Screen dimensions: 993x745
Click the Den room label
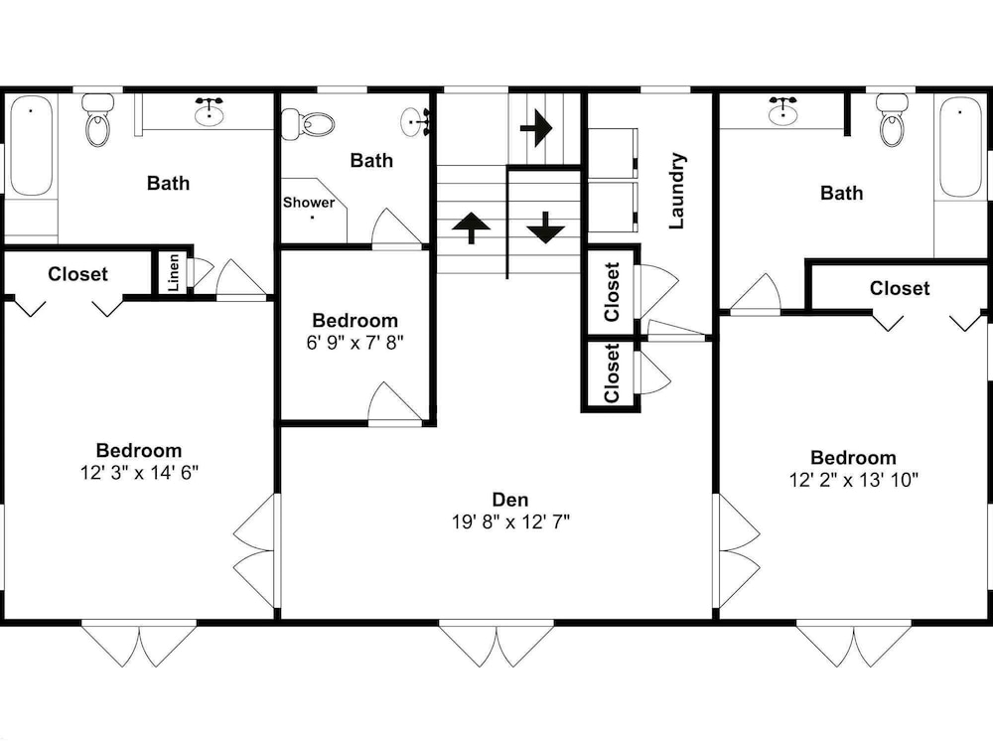(x=509, y=500)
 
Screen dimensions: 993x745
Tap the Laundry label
(x=676, y=191)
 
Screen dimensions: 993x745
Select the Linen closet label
(x=173, y=272)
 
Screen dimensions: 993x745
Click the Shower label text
(x=309, y=203)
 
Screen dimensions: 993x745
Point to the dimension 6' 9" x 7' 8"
(x=355, y=343)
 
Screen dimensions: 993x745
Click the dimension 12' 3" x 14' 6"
(x=139, y=473)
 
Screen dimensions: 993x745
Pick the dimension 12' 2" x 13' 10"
(x=853, y=480)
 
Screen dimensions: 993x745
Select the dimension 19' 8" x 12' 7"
(x=510, y=522)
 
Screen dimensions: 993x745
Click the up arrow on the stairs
(x=471, y=227)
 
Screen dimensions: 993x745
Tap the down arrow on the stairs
(x=545, y=227)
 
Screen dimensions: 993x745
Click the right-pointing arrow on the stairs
(x=536, y=128)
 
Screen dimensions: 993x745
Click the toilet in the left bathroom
(x=97, y=120)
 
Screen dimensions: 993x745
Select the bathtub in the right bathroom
(x=960, y=148)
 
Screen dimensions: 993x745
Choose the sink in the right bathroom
(x=784, y=111)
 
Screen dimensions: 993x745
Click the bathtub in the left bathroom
(x=31, y=146)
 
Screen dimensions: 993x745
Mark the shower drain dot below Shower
(x=312, y=218)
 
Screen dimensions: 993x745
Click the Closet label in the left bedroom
(x=77, y=274)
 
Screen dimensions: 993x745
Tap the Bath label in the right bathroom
(x=842, y=193)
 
